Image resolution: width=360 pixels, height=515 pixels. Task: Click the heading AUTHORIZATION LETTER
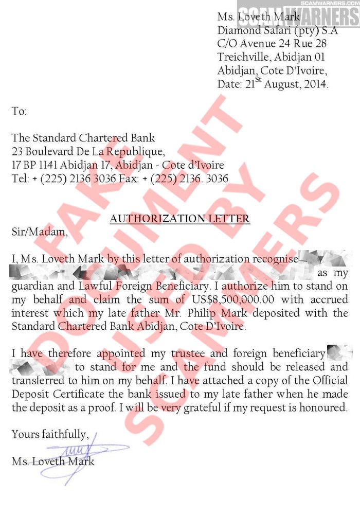(179, 219)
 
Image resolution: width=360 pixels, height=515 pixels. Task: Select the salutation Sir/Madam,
(40, 232)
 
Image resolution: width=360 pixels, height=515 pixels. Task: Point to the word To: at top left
(19, 111)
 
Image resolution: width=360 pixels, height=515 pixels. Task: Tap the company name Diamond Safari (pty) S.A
(277, 31)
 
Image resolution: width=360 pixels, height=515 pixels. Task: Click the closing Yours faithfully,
(50, 435)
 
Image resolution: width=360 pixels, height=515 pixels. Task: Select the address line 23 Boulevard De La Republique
(88, 152)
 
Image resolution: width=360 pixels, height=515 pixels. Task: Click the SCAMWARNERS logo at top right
(298, 15)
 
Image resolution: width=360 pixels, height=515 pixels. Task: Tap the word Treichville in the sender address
(244, 57)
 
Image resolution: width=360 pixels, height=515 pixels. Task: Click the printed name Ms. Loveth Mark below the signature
(53, 461)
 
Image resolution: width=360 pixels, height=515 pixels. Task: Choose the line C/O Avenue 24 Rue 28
(272, 44)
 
